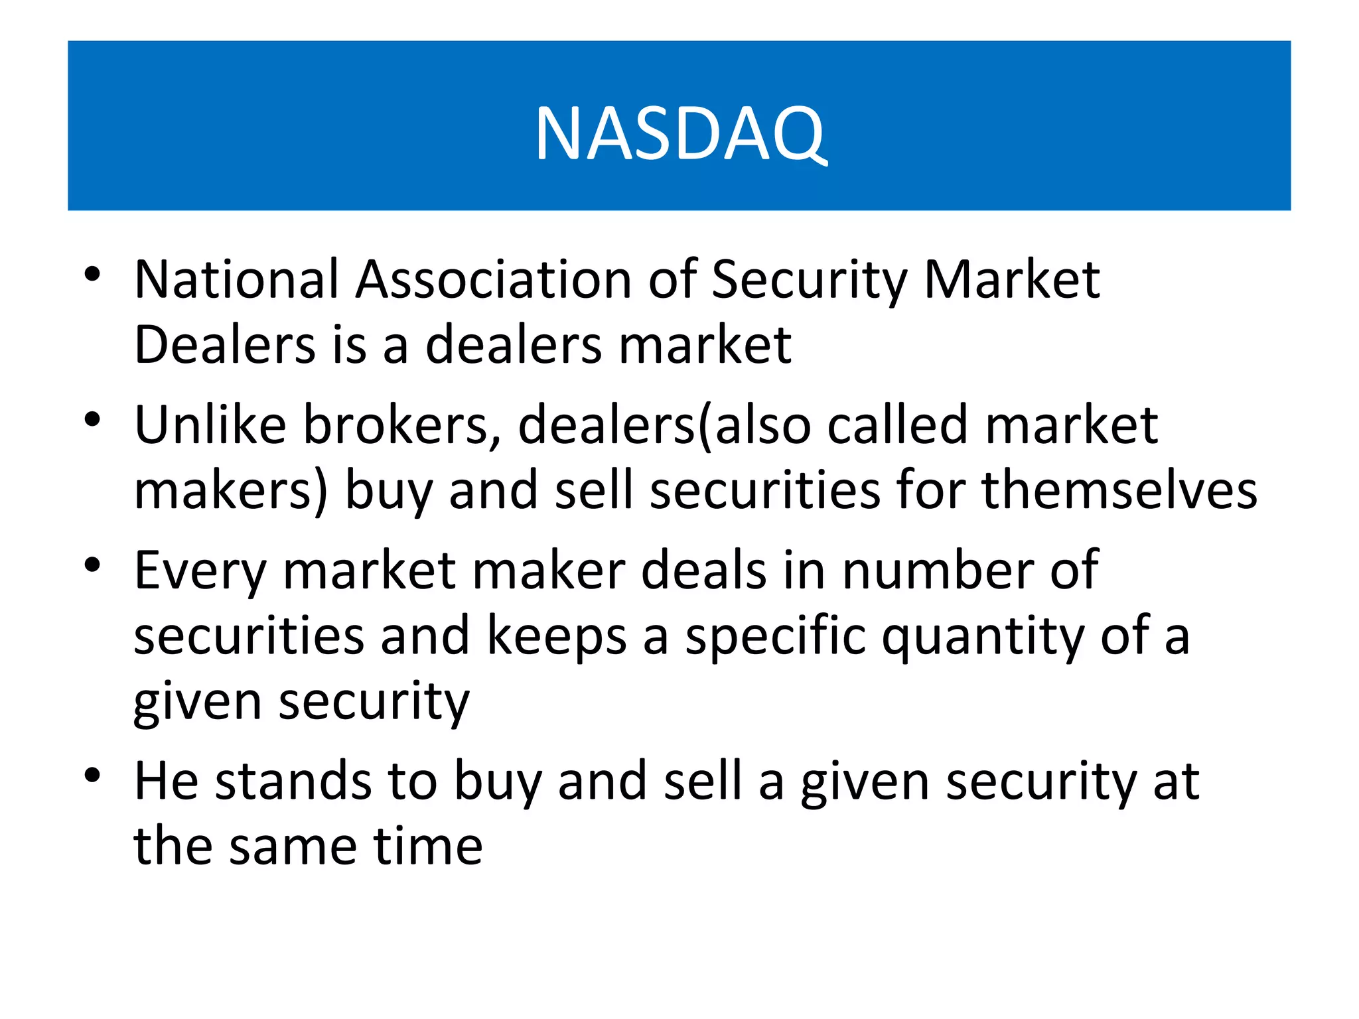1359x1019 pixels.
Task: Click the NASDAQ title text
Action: (681, 134)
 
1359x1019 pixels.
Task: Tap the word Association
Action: (494, 279)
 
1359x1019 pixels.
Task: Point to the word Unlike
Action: (210, 425)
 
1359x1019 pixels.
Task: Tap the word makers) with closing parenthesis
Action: (231, 491)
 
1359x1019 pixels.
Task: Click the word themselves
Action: (1119, 491)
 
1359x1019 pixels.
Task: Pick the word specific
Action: (776, 636)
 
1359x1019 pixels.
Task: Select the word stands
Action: (293, 781)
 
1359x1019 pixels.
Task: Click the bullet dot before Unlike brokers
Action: (92, 419)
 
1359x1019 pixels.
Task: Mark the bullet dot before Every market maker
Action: (92, 565)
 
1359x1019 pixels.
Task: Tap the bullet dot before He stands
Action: (92, 775)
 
